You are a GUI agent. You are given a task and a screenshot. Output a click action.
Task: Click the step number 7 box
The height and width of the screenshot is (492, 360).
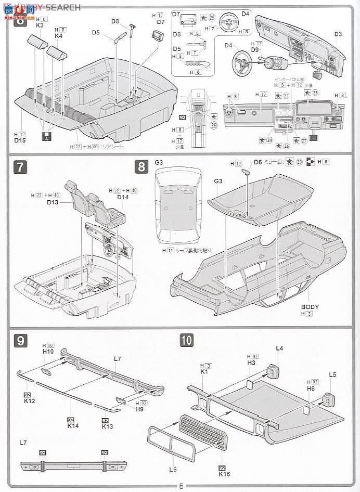coord(20,167)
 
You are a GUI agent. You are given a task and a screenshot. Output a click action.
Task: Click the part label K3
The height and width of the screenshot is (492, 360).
coord(40,25)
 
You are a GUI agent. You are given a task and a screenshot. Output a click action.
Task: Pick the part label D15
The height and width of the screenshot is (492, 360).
coord(20,140)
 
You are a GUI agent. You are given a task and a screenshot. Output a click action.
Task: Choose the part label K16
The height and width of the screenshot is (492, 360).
coord(224,474)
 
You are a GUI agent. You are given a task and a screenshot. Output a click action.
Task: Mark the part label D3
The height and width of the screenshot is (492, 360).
coord(338,34)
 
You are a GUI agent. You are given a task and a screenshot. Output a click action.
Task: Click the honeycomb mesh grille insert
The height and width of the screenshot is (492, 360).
coord(203,432)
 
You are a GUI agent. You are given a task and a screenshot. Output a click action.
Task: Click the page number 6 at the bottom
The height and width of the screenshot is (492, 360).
coord(181,486)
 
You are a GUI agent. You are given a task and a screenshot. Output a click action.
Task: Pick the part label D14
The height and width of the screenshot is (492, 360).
coord(123,198)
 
